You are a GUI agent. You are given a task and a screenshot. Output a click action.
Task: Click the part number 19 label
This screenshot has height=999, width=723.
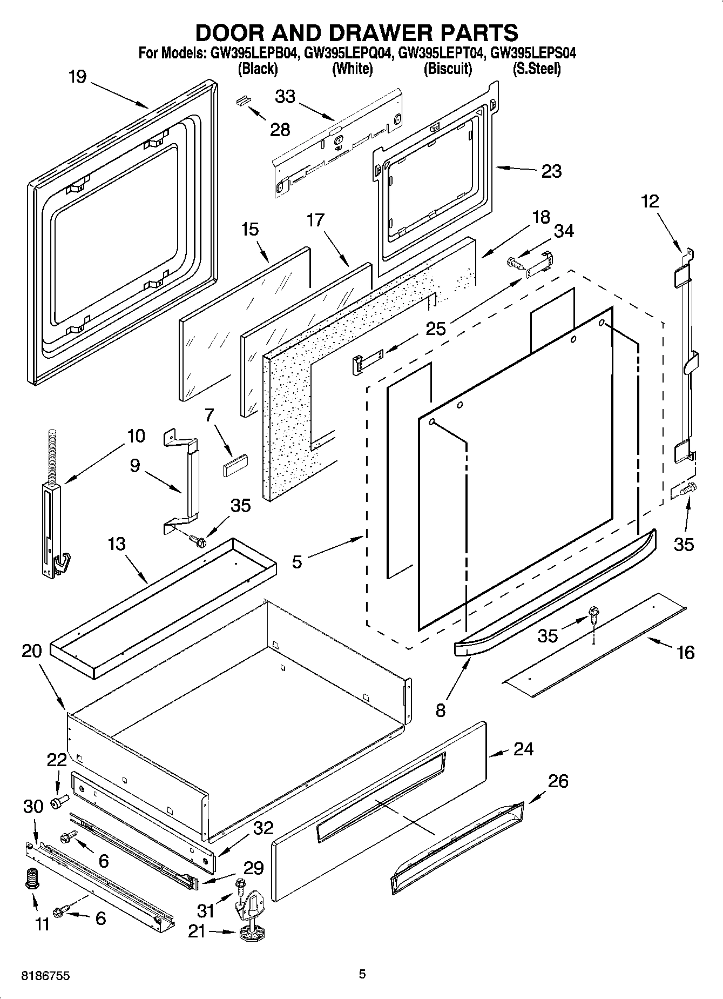tap(78, 77)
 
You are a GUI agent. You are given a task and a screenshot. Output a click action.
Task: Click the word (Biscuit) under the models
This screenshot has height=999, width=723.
tap(448, 69)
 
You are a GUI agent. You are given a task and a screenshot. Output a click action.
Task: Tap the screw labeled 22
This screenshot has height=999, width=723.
tap(58, 802)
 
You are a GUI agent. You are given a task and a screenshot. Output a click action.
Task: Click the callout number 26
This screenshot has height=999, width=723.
tap(558, 781)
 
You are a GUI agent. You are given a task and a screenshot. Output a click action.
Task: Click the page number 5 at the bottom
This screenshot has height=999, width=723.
tap(362, 974)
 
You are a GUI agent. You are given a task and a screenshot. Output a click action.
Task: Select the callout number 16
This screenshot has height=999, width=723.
tap(685, 653)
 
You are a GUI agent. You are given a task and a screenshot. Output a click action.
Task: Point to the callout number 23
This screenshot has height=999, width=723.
tap(551, 171)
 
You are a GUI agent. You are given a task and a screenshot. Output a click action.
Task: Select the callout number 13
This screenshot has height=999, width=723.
tap(117, 544)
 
